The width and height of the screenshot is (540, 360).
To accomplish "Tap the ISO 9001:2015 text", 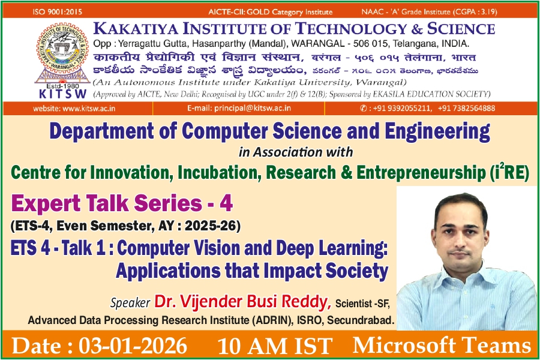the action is click(58, 12).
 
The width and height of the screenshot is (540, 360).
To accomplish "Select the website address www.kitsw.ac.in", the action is click(89, 109).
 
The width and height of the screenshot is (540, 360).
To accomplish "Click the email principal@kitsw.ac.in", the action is click(253, 108).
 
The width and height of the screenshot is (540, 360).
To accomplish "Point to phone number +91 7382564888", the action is click(467, 108).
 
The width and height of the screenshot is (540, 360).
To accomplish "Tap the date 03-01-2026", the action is click(133, 346).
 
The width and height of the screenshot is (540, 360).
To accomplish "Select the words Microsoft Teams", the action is click(442, 345).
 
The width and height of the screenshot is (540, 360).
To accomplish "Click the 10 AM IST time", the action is click(275, 346).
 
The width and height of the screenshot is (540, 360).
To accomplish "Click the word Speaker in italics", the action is click(130, 302).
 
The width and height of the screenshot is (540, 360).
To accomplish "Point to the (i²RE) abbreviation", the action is click(509, 172).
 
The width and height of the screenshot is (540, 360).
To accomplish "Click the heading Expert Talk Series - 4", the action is click(122, 203).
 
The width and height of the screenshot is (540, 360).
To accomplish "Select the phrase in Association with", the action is click(296, 152).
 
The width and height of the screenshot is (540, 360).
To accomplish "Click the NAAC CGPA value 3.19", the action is click(487, 12).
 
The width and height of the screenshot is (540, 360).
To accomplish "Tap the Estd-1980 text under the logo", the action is click(62, 86).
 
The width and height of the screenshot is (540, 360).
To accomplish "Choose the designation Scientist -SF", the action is click(362, 304).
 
